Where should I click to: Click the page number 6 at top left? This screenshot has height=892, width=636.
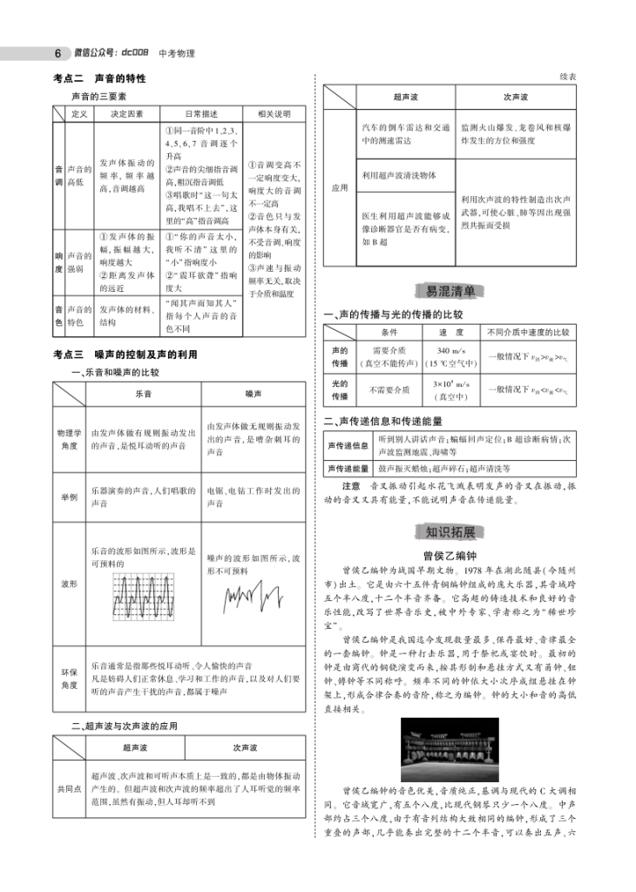click(57, 53)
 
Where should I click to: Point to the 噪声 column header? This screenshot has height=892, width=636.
click(253, 394)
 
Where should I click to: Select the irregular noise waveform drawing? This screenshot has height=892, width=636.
click(254, 597)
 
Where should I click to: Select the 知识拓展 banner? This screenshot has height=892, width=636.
click(450, 532)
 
